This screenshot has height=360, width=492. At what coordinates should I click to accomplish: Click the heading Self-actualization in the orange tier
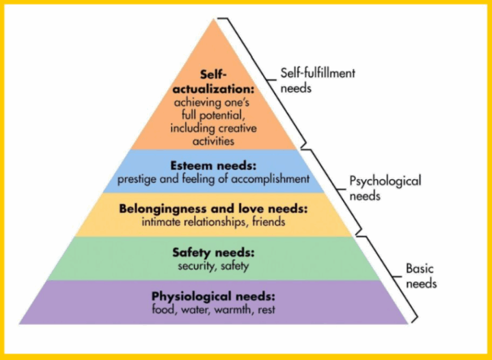(213, 81)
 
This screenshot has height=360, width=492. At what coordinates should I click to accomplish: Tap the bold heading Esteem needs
(214, 167)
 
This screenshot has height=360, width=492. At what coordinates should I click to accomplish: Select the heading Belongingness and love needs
(214, 208)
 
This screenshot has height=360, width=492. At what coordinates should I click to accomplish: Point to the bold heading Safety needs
(213, 253)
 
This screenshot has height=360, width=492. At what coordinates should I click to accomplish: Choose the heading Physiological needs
(213, 296)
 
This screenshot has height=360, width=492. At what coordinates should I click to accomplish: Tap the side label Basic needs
(421, 276)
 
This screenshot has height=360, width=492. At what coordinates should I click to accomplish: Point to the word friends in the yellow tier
(269, 221)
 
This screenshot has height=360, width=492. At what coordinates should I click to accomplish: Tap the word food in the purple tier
(165, 309)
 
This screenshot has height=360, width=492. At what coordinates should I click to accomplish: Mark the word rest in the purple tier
(265, 309)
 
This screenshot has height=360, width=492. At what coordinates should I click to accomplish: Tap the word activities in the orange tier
(213, 141)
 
